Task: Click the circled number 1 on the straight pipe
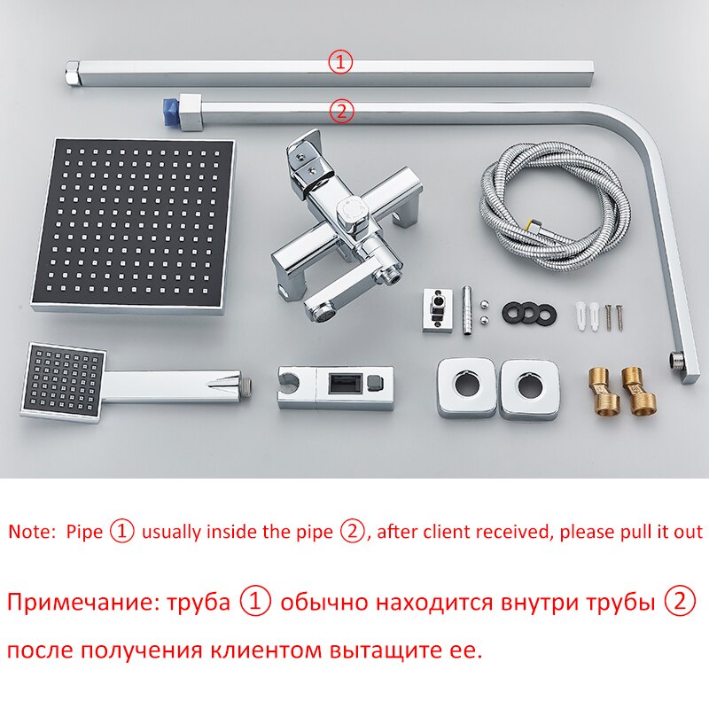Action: coord(340,62)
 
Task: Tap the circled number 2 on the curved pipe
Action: coord(341,112)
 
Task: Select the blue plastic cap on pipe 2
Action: coord(171,113)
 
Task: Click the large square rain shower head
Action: coord(133,226)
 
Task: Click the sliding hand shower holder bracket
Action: coord(336,388)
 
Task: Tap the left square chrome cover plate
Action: coord(467,388)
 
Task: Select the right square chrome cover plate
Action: coord(528,389)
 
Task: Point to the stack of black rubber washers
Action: coord(528,312)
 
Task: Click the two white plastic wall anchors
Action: coord(588,316)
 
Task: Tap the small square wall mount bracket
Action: coord(437,310)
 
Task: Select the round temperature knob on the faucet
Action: coord(352,212)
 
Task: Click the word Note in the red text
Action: coord(32,531)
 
